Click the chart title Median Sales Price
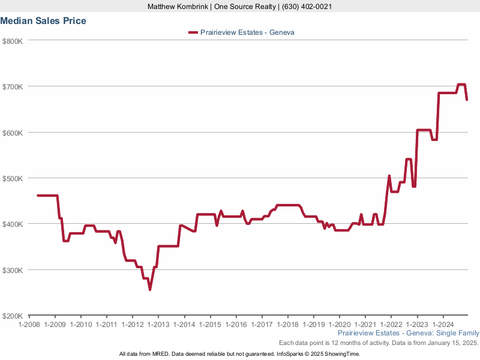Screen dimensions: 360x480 click(x=43, y=21)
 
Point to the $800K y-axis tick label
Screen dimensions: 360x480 click(x=13, y=41)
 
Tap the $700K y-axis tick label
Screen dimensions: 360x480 click(x=13, y=86)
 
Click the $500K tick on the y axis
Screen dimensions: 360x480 click(x=13, y=178)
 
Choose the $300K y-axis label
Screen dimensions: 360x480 click(x=13, y=270)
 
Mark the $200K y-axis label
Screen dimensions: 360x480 click(x=13, y=316)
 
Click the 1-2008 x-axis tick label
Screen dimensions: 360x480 click(x=29, y=325)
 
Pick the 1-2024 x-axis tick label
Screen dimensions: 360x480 click(x=443, y=325)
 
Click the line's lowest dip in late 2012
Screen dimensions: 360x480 click(x=150, y=290)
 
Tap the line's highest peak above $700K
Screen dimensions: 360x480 click(x=461, y=85)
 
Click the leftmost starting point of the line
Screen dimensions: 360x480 click(x=38, y=196)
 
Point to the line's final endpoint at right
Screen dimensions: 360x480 click(x=467, y=100)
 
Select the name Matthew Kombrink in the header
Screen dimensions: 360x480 click(x=178, y=7)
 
